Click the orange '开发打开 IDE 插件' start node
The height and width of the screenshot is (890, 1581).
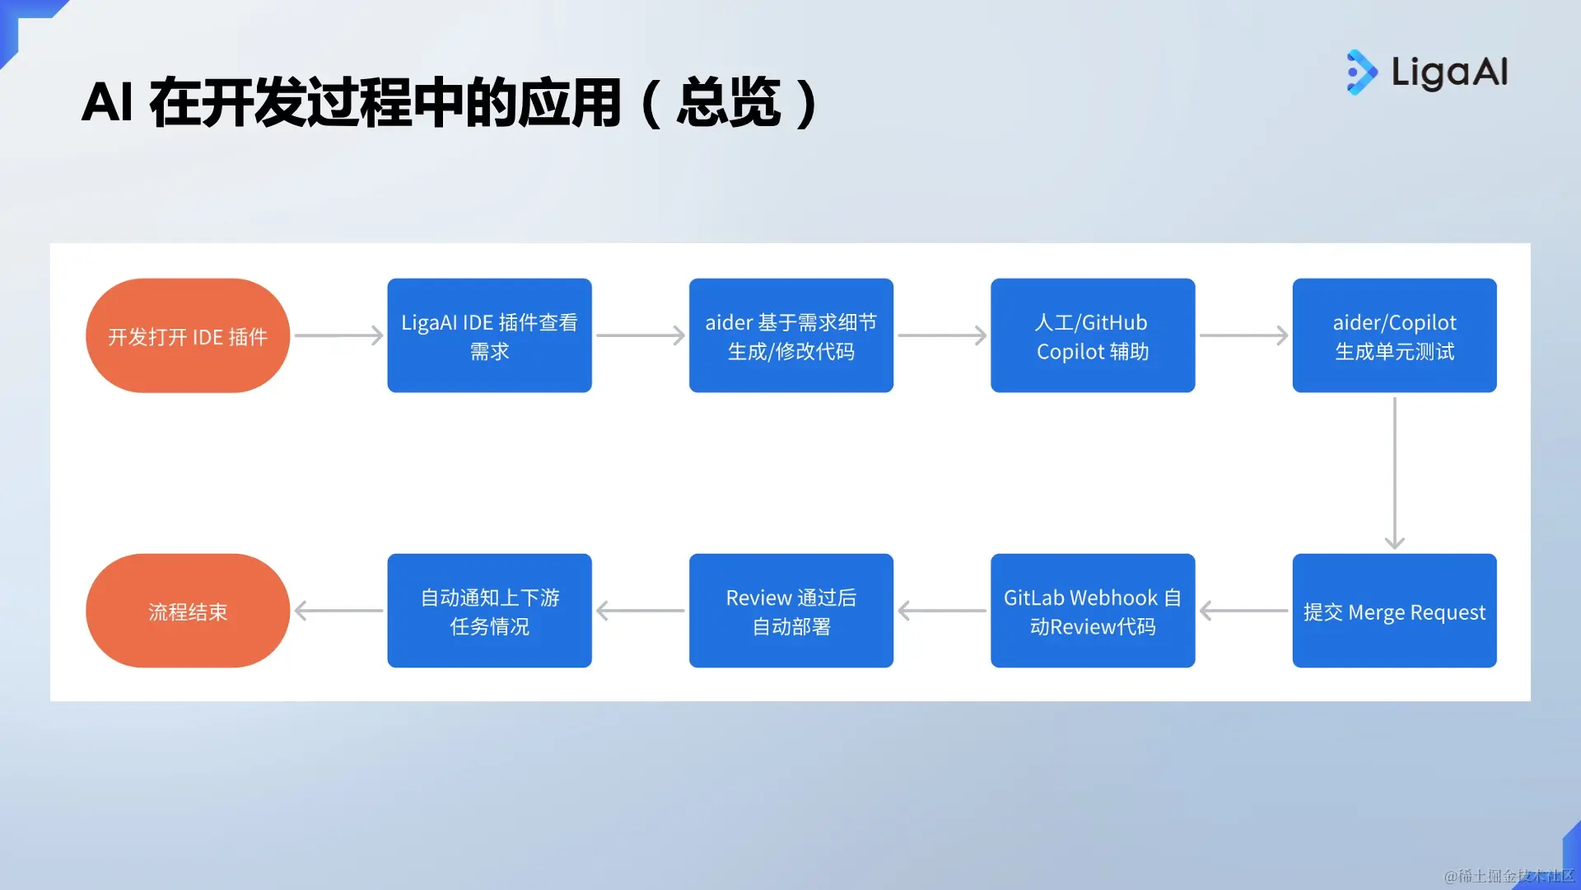click(x=188, y=335)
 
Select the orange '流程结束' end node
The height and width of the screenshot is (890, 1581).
click(x=188, y=611)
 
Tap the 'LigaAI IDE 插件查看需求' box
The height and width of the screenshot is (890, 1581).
click(x=489, y=335)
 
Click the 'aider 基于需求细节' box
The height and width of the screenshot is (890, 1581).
click(x=791, y=335)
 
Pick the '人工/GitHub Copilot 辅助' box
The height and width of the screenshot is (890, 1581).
click(x=1093, y=335)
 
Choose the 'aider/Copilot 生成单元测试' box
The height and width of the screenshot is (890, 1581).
click(x=1395, y=335)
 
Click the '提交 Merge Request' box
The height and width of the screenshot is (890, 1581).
click(x=1395, y=611)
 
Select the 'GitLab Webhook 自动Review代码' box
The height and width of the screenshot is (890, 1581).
click(x=1093, y=611)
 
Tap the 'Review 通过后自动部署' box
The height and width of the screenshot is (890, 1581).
click(x=791, y=611)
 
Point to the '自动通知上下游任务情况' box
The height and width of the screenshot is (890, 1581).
click(x=489, y=611)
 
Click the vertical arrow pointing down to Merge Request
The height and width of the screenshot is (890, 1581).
click(x=1395, y=473)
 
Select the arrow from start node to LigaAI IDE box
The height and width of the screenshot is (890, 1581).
click(x=339, y=335)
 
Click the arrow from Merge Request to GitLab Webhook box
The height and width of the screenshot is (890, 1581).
click(x=1243, y=611)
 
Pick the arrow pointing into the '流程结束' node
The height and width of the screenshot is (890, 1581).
click(x=338, y=611)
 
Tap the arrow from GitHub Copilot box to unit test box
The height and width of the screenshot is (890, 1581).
click(x=1244, y=335)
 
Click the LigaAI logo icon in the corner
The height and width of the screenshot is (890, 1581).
click(x=1362, y=73)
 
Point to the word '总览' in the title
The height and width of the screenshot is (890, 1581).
click(x=729, y=103)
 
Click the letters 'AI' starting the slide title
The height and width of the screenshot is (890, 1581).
click(x=107, y=103)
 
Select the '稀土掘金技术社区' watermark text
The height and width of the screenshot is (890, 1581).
click(x=1510, y=876)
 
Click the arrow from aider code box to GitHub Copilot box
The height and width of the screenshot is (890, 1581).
click(x=942, y=335)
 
